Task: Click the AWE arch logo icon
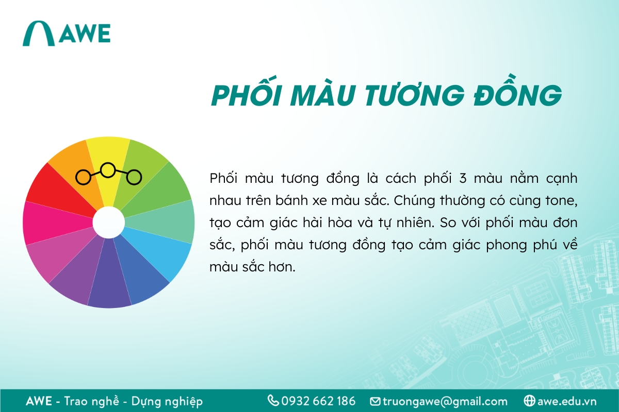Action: [x=38, y=33]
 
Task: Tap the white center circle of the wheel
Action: [x=108, y=222]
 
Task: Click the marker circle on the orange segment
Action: [x=83, y=177]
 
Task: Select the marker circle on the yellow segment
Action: [x=108, y=169]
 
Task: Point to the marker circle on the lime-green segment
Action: [x=134, y=177]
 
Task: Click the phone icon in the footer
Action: [x=273, y=401]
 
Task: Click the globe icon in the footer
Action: [x=529, y=401]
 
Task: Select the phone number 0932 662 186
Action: [x=318, y=401]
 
